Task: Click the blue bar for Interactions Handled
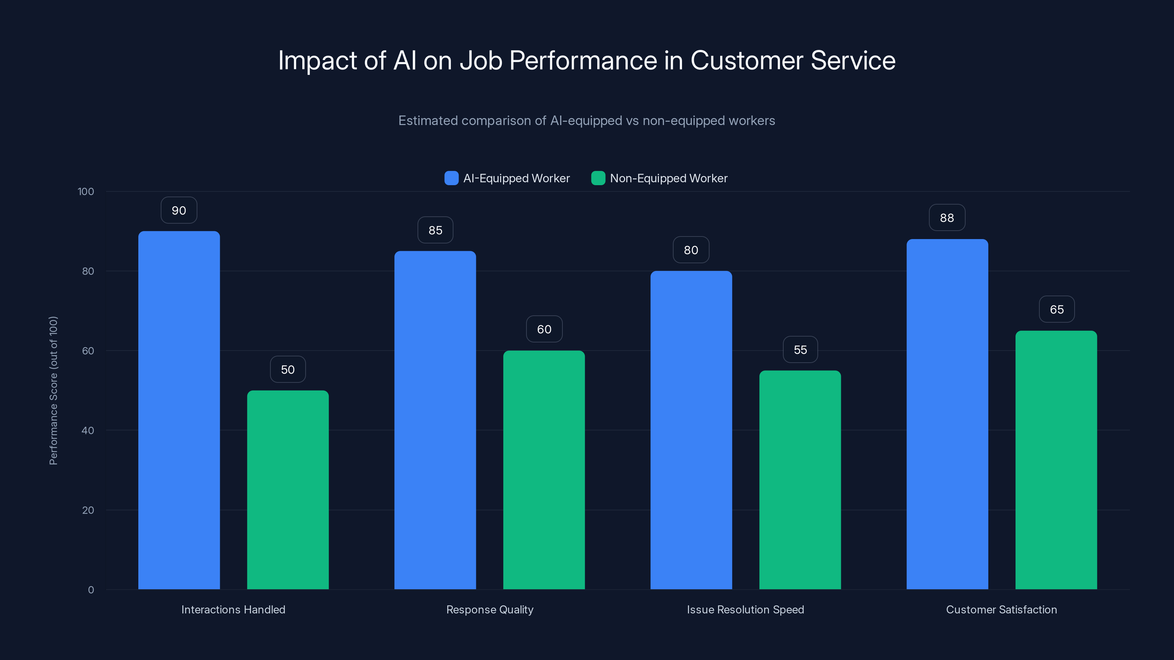(x=179, y=410)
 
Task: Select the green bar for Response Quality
(x=544, y=470)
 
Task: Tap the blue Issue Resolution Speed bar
(x=691, y=430)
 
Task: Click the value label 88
(x=947, y=218)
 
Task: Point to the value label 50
(x=288, y=369)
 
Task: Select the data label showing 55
(x=800, y=350)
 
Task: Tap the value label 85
(x=435, y=230)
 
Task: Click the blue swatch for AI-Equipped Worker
(x=451, y=178)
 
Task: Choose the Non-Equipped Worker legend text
(x=668, y=178)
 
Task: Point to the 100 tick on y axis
(x=86, y=191)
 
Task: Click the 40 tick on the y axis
(x=88, y=430)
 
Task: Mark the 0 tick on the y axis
(x=91, y=590)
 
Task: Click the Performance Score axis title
(x=53, y=390)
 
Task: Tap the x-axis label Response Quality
(x=489, y=609)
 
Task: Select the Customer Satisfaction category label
(x=1001, y=609)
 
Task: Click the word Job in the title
(x=481, y=60)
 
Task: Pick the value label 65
(x=1057, y=309)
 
